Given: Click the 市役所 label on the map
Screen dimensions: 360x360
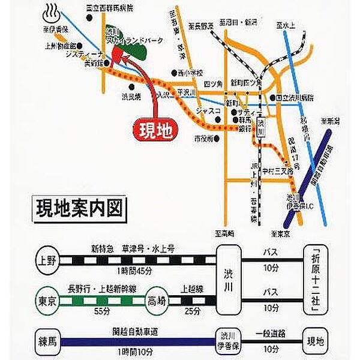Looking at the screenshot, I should click(204, 139).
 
